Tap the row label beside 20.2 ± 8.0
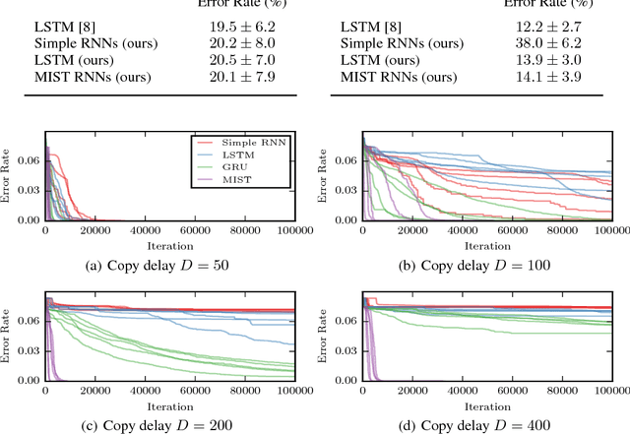73,43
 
